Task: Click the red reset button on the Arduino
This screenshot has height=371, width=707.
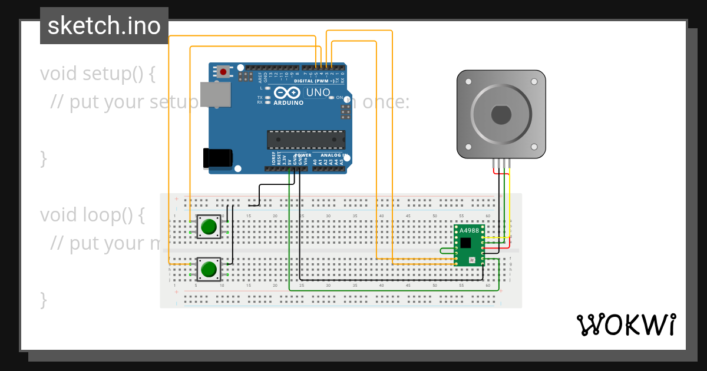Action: [223, 72]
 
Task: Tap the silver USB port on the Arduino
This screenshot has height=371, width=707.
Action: [216, 94]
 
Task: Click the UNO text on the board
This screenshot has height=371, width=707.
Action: [318, 92]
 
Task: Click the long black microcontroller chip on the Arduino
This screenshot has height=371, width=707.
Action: [306, 140]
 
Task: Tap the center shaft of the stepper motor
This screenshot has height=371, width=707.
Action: [501, 115]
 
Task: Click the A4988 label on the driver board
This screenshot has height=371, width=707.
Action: [469, 230]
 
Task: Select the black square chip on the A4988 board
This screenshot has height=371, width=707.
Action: [466, 243]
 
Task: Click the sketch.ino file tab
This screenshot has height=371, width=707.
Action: [104, 26]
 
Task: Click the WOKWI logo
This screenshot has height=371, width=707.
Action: [626, 325]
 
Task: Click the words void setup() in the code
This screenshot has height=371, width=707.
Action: [97, 74]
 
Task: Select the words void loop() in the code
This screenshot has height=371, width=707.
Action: [92, 215]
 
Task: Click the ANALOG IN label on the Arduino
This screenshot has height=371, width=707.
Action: [333, 156]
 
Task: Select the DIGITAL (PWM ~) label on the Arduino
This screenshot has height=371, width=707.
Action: [318, 81]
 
